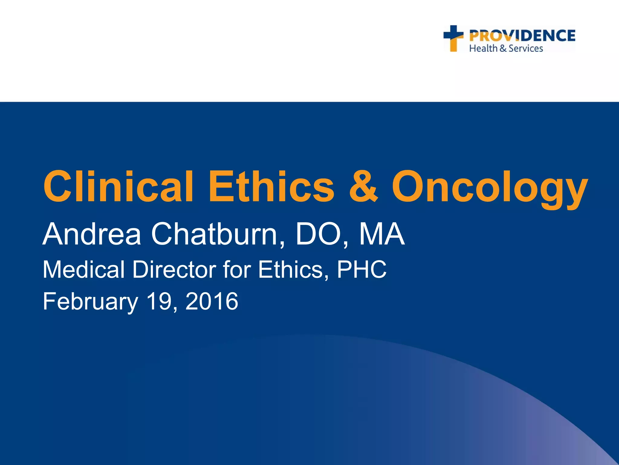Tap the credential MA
click(382, 234)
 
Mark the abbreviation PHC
click(361, 269)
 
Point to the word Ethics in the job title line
click(293, 269)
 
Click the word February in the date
click(90, 302)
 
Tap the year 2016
click(212, 301)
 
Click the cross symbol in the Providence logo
click(453, 38)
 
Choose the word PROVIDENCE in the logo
click(522, 36)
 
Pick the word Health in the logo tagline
click(483, 48)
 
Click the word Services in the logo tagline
click(526, 48)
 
